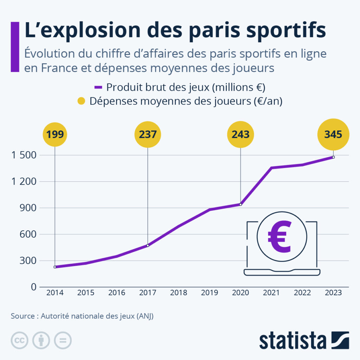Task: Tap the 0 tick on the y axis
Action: tap(33, 287)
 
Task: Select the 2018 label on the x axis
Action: tap(179, 293)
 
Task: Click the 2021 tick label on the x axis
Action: tap(271, 293)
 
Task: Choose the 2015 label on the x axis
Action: tap(86, 293)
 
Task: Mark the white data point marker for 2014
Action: tap(55, 267)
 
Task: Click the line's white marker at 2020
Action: tap(240, 204)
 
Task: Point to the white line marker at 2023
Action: tap(333, 157)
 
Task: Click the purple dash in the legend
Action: tap(98, 87)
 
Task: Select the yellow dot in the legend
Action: tap(82, 101)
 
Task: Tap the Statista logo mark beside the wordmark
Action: tap(340, 340)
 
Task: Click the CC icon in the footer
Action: tap(20, 340)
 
